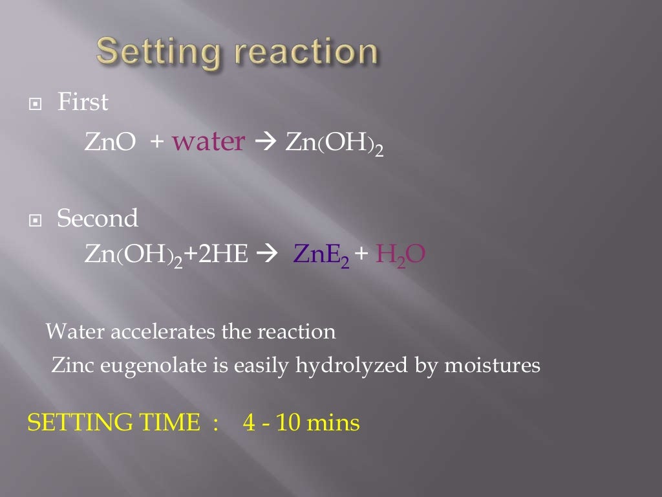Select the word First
click(x=83, y=102)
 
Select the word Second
click(x=98, y=219)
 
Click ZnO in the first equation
click(x=110, y=142)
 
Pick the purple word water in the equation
click(x=208, y=142)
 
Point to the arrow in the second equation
click(x=266, y=255)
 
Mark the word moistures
click(x=492, y=366)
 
